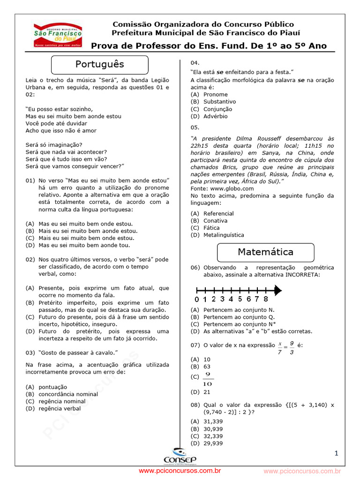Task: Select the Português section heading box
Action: tap(99, 64)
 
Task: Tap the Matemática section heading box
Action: tap(265, 252)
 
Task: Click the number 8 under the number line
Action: tap(266, 299)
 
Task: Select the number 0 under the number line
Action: tap(197, 299)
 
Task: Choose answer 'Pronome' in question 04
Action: tap(215, 94)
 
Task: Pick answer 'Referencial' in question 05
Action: tap(218, 213)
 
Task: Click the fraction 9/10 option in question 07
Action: tap(208, 379)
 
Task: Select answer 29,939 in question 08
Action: tap(213, 443)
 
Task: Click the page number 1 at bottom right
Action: tap(336, 453)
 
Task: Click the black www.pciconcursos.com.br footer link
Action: tap(180, 470)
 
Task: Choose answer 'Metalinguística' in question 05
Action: tap(224, 235)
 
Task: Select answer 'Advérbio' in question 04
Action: tap(215, 116)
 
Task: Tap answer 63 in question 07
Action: tap(207, 367)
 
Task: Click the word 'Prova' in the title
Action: tap(104, 46)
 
